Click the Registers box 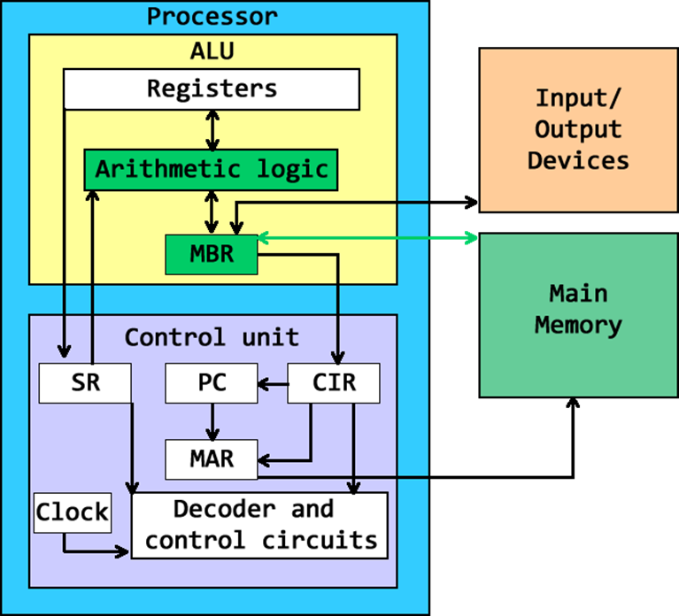tap(212, 89)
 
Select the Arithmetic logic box tap(211, 169)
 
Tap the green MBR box tap(212, 254)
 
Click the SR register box tap(84, 383)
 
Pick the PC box tap(211, 383)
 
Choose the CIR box tap(334, 383)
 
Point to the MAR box tap(211, 459)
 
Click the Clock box tap(73, 512)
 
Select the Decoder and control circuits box tap(259, 525)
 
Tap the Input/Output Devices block tap(578, 130)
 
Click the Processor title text tap(212, 16)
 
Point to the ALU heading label tap(212, 50)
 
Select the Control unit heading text tap(212, 337)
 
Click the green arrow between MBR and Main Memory tap(367, 238)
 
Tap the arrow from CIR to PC tap(273, 384)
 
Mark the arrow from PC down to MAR tap(212, 420)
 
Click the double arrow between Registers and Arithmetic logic tap(212, 129)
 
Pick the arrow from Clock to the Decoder tap(89, 552)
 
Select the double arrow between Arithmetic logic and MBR tap(212, 212)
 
